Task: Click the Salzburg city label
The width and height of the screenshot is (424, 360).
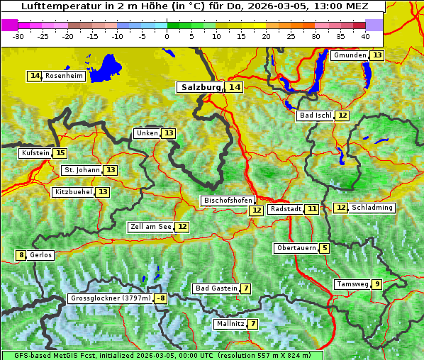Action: (199, 87)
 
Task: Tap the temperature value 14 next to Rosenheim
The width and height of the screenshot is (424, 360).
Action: (35, 76)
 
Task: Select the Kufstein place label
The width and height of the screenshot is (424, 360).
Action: (35, 153)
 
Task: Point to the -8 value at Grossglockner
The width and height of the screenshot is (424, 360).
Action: (161, 298)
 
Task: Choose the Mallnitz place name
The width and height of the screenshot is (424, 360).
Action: (230, 324)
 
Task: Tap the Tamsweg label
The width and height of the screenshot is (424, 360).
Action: (352, 284)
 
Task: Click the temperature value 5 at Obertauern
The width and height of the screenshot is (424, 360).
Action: (324, 248)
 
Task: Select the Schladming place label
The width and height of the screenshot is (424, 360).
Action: (372, 208)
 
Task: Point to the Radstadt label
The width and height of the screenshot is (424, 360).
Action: (286, 209)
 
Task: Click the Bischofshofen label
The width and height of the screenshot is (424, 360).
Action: (228, 201)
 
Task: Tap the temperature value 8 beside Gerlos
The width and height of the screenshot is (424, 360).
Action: (21, 255)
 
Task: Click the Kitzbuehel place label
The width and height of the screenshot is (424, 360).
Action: (73, 192)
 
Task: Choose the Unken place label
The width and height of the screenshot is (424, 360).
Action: (147, 133)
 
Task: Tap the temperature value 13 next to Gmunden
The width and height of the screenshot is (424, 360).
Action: (377, 55)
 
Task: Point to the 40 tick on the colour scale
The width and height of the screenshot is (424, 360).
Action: (365, 35)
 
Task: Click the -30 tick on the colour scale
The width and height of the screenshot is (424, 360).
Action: (18, 35)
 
